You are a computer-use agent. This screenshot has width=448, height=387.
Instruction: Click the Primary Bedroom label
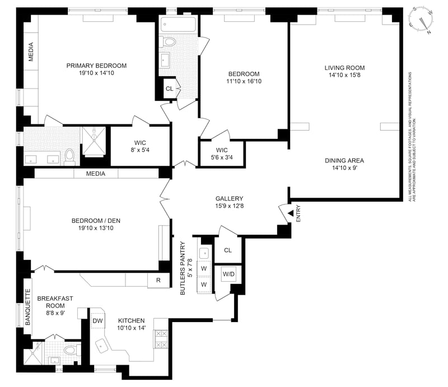[x=96, y=66]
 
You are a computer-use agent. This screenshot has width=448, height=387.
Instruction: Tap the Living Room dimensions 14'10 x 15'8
[x=344, y=75]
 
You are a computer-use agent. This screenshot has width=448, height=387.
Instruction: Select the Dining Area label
[x=344, y=161]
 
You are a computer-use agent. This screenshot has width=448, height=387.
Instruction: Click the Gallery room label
[x=229, y=199]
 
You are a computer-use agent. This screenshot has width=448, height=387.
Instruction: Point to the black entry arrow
[x=291, y=213]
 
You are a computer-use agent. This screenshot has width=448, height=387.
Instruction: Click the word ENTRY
[x=298, y=213]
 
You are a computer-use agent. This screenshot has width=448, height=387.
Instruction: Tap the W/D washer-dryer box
[x=228, y=274]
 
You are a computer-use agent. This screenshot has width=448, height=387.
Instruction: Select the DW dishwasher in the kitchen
[x=97, y=321]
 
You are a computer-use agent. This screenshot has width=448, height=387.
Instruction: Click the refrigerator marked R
[x=158, y=281]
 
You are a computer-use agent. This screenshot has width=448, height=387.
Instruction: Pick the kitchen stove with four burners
[x=161, y=339]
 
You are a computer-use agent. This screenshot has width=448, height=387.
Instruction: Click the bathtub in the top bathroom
[x=178, y=25]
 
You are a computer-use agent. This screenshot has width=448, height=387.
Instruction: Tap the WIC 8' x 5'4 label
[x=140, y=146]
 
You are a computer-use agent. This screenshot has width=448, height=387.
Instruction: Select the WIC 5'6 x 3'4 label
[x=222, y=153]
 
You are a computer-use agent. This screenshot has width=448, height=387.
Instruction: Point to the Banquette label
[x=27, y=307]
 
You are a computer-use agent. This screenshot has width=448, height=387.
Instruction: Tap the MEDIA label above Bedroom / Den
[x=96, y=174]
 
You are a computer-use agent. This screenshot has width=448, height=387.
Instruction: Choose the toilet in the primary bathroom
[x=69, y=157]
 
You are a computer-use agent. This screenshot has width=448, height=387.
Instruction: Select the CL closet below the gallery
[x=228, y=250]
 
